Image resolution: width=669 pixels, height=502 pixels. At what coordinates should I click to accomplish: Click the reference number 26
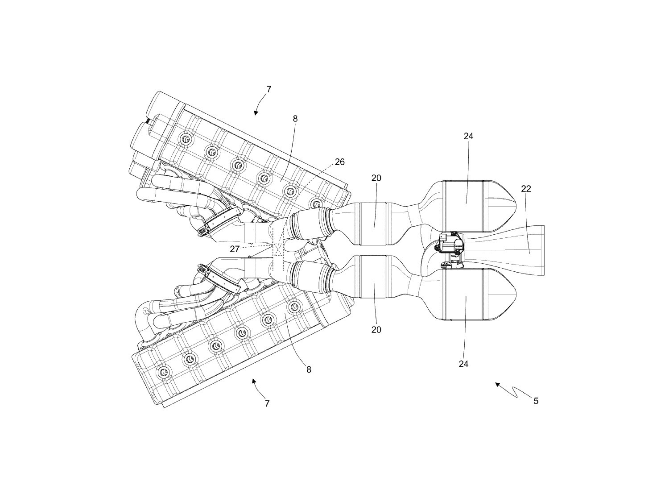pos(339,162)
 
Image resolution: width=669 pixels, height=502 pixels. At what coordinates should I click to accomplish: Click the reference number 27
pos(235,249)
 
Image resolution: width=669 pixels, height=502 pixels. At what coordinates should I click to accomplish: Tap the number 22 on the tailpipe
pos(526,189)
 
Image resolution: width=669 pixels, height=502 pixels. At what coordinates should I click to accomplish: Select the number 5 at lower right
pos(536,401)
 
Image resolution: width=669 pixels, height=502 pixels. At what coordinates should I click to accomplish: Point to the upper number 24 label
pos(468,136)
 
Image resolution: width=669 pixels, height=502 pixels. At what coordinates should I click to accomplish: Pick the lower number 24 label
pos(463,364)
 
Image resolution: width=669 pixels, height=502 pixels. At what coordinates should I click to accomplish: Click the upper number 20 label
pos(376,178)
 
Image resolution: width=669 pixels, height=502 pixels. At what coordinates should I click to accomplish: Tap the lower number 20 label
pos(376,330)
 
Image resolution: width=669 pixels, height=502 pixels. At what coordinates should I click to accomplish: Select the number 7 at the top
pos(268,89)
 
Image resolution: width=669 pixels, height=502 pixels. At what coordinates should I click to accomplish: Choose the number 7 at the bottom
pos(267,404)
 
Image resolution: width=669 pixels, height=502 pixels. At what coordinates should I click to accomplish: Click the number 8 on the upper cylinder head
pos(295,119)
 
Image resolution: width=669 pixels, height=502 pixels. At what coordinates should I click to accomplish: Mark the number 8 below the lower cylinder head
pos(308,369)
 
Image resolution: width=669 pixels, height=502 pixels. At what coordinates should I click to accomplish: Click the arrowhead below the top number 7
pos(256,113)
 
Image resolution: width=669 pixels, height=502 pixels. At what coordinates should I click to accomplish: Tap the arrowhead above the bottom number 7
pos(254,380)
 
